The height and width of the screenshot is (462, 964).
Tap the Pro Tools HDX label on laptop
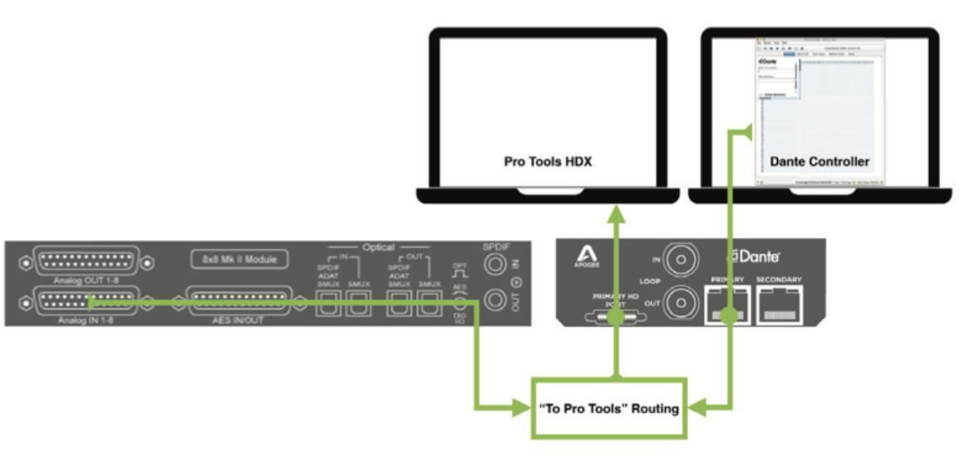pyautogui.click(x=547, y=161)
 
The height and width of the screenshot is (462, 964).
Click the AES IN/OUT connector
pyautogui.click(x=242, y=300)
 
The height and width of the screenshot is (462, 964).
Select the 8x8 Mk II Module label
pyautogui.click(x=242, y=260)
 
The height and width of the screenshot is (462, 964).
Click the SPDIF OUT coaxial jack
pyautogui.click(x=497, y=301)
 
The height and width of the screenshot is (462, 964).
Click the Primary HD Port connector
pyautogui.click(x=616, y=317)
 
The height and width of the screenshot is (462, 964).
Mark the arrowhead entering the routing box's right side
pyautogui.click(x=697, y=408)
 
